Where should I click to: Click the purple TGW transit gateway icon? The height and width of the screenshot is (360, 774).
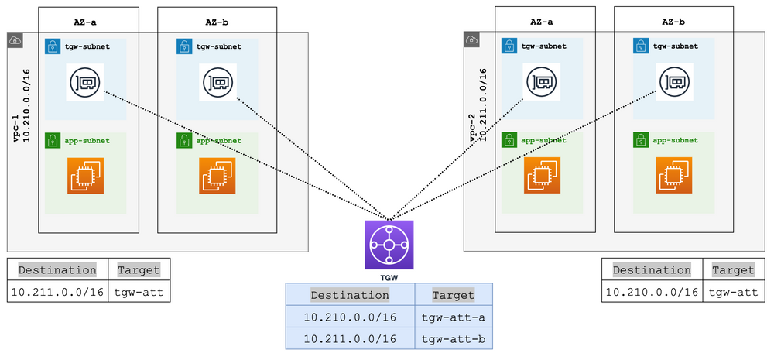[x=389, y=245]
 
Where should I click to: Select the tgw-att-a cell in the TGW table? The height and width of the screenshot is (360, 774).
[x=453, y=317]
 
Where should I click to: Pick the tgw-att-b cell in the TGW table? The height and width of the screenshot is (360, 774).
[x=453, y=339]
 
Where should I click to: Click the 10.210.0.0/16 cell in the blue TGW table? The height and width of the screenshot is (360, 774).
[x=350, y=317]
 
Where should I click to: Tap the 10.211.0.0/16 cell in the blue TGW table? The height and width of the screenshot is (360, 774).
[x=350, y=339]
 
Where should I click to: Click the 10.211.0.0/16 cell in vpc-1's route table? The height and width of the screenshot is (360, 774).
[x=57, y=291]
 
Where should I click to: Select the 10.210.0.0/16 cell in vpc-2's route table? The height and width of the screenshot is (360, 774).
[x=653, y=292]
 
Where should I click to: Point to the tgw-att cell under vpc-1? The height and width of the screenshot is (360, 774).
[x=139, y=291]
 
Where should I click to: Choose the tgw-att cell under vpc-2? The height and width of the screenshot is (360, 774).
[x=733, y=292]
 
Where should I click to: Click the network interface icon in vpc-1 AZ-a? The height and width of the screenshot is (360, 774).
[x=85, y=82]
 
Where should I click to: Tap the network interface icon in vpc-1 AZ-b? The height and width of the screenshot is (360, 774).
[x=217, y=82]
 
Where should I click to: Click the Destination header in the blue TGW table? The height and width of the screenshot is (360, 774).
[x=350, y=295]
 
